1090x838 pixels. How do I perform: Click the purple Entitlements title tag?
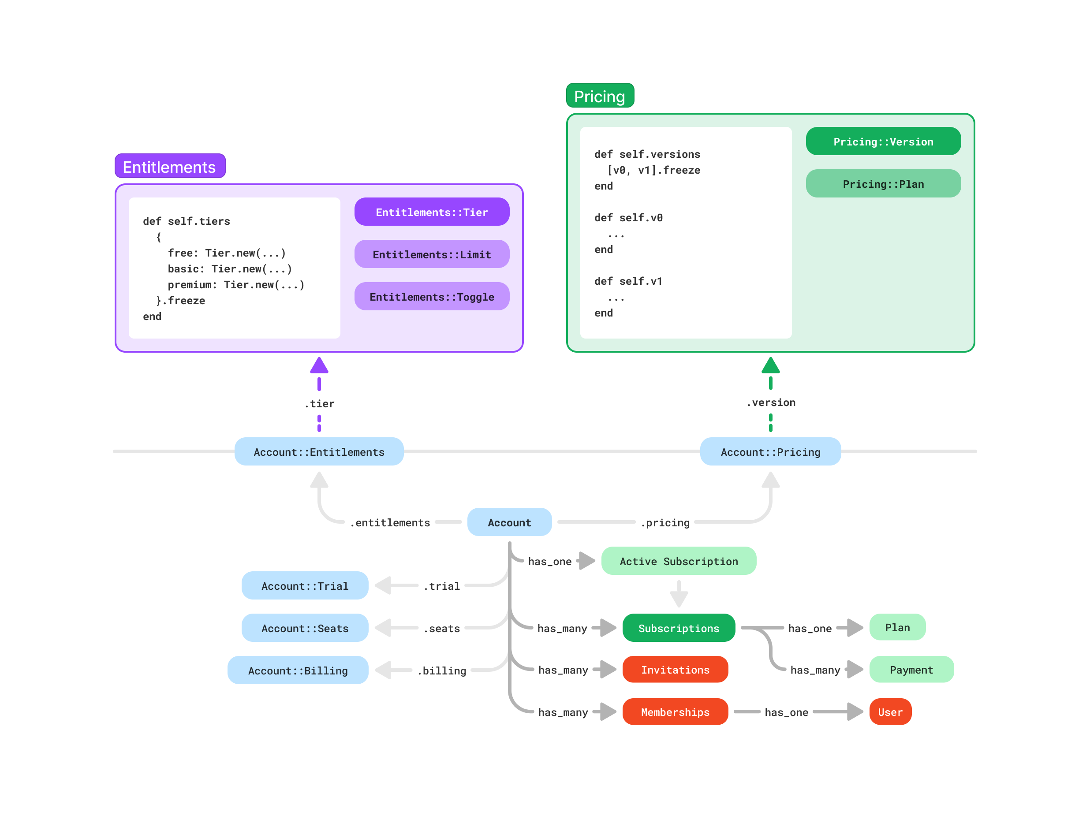coord(170,166)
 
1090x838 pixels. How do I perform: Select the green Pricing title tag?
coord(600,96)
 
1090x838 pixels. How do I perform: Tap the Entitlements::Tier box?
coord(432,212)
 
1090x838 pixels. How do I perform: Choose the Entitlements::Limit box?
coord(432,254)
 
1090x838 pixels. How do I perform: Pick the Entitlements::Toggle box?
coord(432,297)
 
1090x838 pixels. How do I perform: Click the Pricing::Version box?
coord(883,142)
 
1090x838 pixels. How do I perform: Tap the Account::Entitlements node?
coord(319,452)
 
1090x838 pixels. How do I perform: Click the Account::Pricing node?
coord(770,452)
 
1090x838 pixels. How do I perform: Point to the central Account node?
coord(509,522)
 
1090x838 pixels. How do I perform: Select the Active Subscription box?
coord(679,561)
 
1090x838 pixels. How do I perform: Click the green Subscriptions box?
coord(679,628)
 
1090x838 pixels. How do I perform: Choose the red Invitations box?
coord(675,670)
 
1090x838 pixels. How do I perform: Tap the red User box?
coord(890,712)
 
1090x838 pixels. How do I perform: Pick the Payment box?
coord(911,670)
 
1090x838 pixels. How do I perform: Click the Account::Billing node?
coord(298,670)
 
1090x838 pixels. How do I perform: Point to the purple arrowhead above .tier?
coord(319,365)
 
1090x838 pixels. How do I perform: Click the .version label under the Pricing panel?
coord(771,402)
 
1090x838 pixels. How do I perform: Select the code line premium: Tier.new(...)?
coord(235,285)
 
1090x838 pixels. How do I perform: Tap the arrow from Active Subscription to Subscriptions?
coord(679,595)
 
